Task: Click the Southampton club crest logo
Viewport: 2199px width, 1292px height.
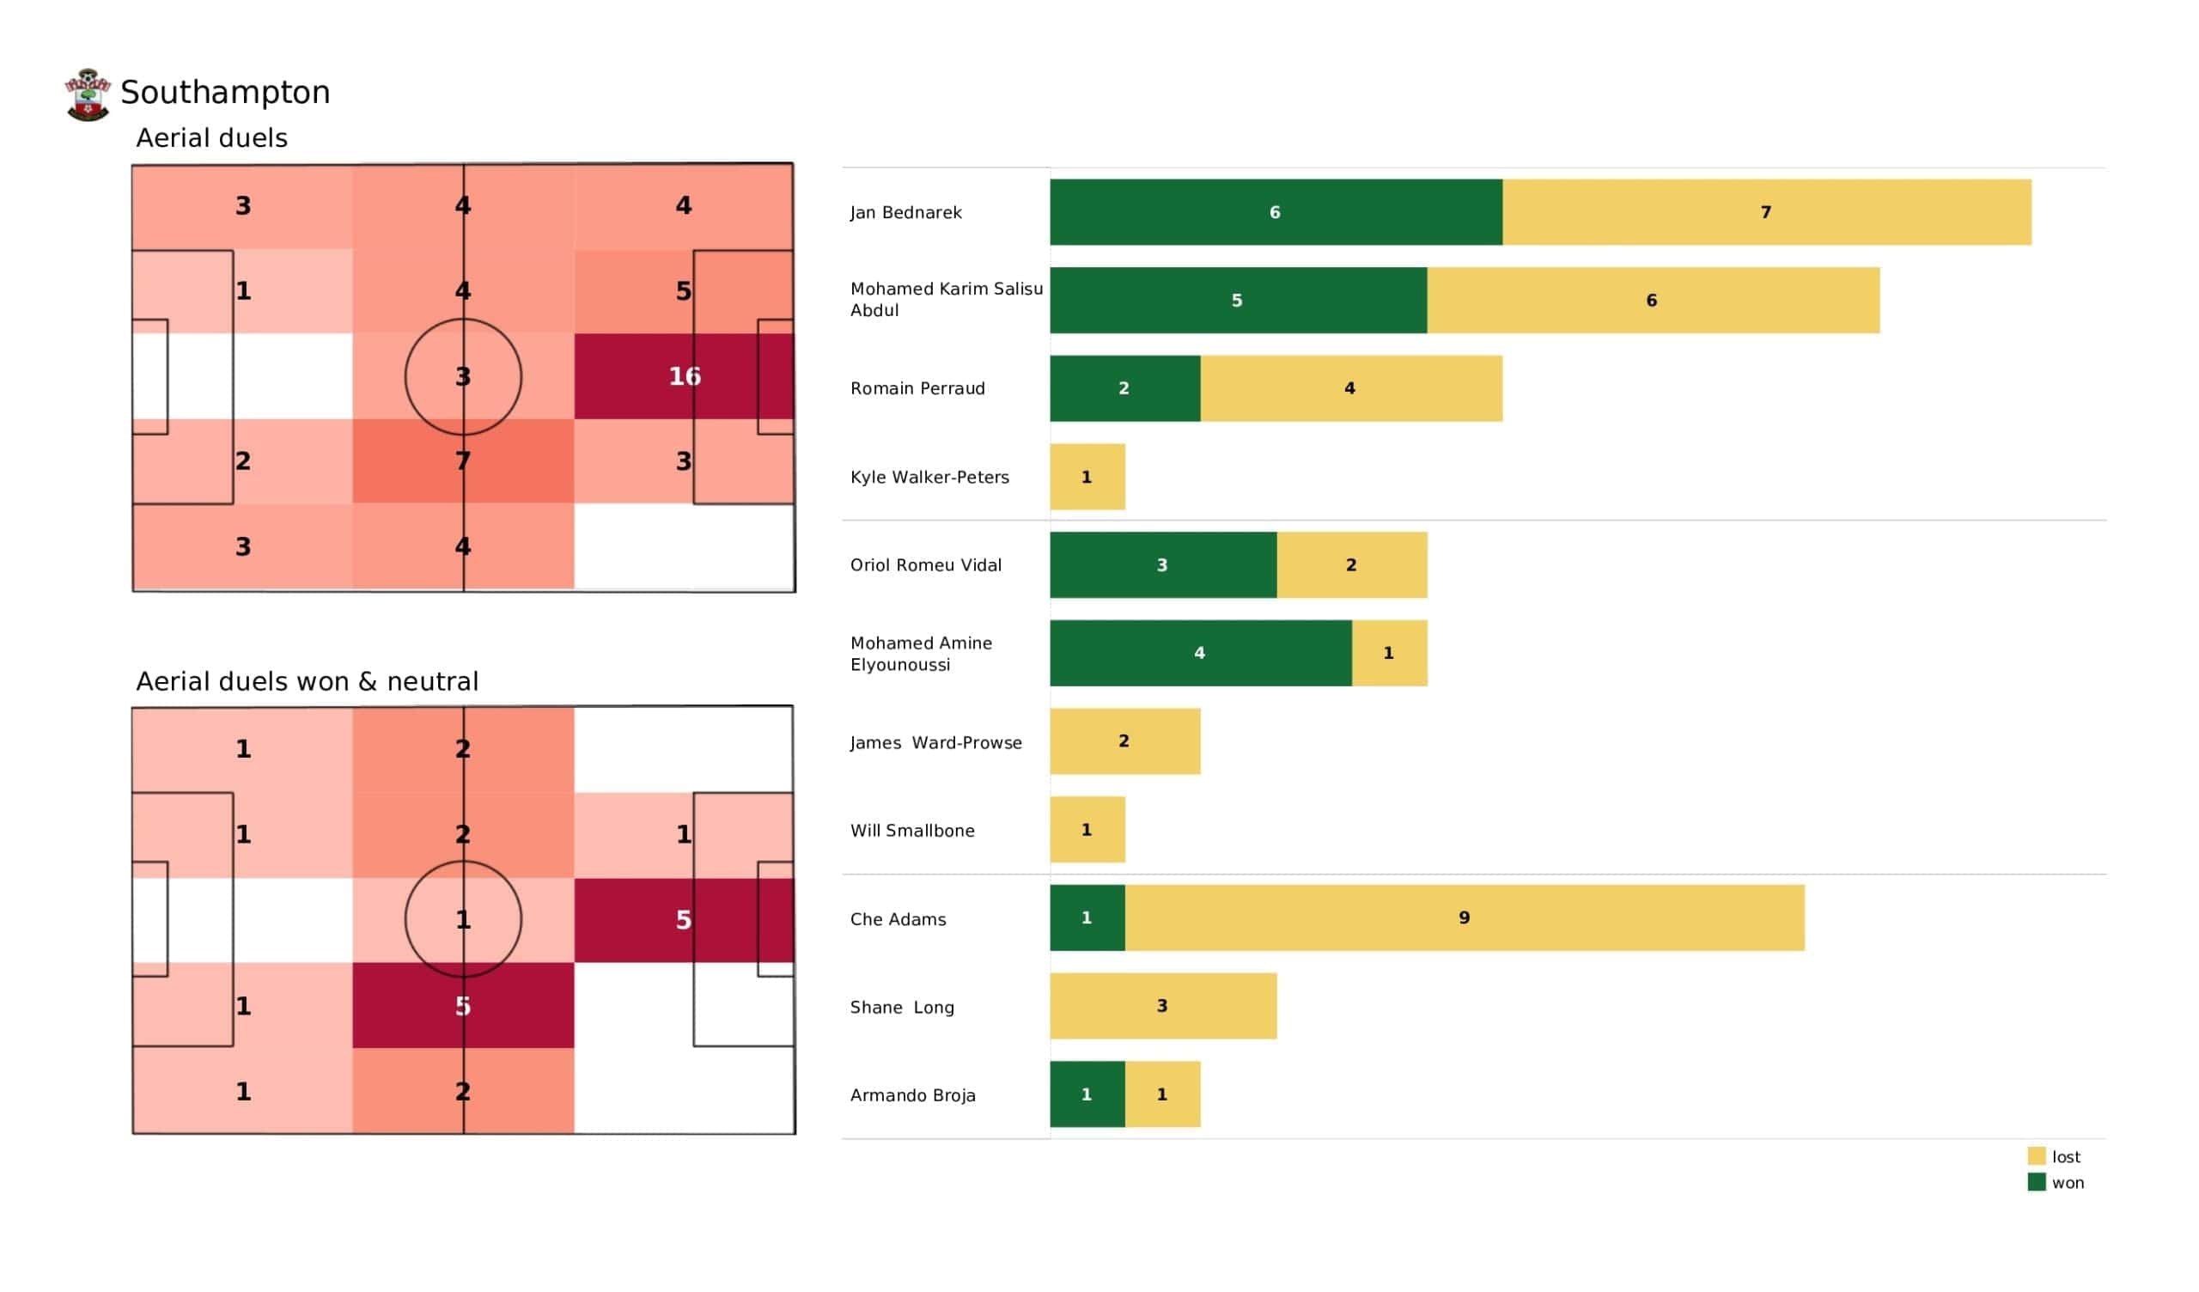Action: click(x=88, y=94)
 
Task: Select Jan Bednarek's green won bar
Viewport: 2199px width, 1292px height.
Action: click(x=1276, y=212)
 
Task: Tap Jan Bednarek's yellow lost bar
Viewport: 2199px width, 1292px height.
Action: click(x=1766, y=212)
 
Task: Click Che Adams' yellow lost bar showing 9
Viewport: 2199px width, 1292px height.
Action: click(x=1465, y=918)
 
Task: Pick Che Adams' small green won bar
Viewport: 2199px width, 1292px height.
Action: click(x=1087, y=918)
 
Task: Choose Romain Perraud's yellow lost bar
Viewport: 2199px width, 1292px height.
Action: click(x=1351, y=388)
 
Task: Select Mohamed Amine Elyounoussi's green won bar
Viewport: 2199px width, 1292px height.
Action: click(x=1201, y=653)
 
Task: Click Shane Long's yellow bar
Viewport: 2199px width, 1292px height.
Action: click(x=1163, y=1007)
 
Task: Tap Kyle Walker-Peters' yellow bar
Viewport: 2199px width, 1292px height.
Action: click(x=1087, y=477)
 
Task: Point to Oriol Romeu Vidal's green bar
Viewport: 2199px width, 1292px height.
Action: click(x=1163, y=564)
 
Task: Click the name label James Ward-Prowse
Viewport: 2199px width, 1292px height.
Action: click(x=935, y=743)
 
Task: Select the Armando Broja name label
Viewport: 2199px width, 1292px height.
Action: click(x=913, y=1095)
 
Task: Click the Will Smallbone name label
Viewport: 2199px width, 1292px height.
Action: click(x=912, y=831)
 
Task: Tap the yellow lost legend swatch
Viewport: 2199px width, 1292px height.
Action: click(x=2037, y=1156)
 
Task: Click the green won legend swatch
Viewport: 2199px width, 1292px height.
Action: click(x=2037, y=1183)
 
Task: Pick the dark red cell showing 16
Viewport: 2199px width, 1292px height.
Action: click(x=684, y=376)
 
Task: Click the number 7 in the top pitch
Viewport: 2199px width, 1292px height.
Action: click(x=463, y=461)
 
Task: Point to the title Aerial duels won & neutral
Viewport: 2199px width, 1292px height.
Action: click(x=308, y=682)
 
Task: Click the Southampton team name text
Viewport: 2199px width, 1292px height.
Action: click(x=225, y=93)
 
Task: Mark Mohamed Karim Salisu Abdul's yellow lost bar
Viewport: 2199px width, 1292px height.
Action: click(x=1653, y=301)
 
